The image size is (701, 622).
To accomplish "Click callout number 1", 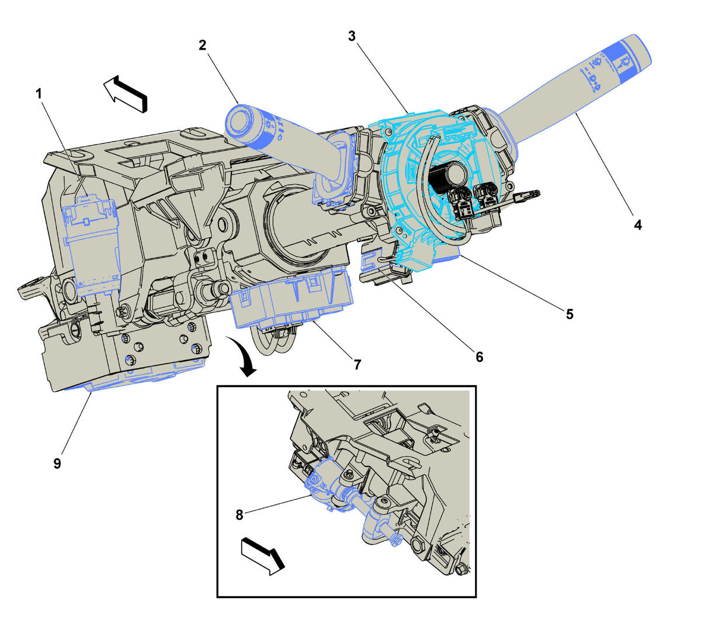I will pyautogui.click(x=39, y=94).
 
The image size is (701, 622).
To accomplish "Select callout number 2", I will pyautogui.click(x=202, y=45).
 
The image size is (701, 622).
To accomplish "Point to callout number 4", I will pyautogui.click(x=638, y=224).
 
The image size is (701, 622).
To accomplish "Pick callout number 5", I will pyautogui.click(x=569, y=314).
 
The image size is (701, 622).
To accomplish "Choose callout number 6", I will pyautogui.click(x=479, y=356).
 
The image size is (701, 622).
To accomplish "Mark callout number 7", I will pyautogui.click(x=357, y=364).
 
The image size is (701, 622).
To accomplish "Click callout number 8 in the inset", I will pyautogui.click(x=240, y=515).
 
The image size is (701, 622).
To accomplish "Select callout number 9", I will pyautogui.click(x=57, y=464).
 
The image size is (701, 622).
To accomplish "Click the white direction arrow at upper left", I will pyautogui.click(x=126, y=92).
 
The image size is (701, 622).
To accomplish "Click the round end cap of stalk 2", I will pyautogui.click(x=240, y=120).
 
